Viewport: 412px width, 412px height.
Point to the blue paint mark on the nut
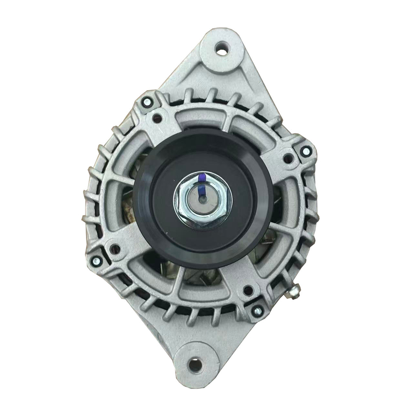click(202, 181)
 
